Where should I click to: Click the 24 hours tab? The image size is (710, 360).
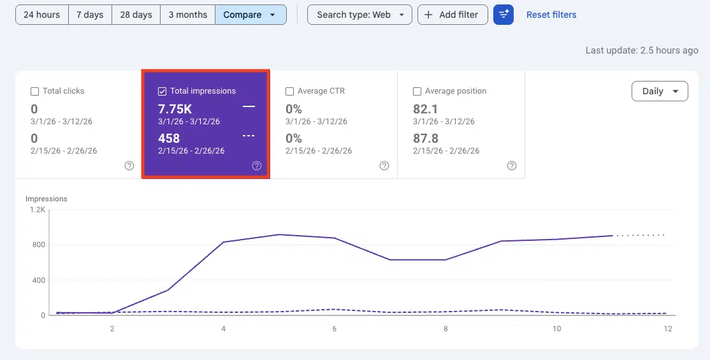tap(42, 15)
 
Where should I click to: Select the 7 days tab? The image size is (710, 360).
tap(90, 15)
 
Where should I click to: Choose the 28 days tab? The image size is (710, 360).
tap(136, 15)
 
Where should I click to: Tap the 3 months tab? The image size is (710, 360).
tap(187, 15)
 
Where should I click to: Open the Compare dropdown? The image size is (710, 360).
tap(250, 15)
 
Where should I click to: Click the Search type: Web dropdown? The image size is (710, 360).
tap(359, 15)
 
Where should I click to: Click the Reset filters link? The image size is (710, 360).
tap(551, 15)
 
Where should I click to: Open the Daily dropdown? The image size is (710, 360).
tap(660, 91)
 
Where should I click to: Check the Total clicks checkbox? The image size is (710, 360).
tap(35, 91)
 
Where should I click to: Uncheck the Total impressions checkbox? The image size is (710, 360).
tap(163, 91)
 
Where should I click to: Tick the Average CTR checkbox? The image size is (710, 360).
tap(290, 91)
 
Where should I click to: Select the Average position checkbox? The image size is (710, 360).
tap(417, 91)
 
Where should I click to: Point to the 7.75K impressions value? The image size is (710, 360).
tap(175, 108)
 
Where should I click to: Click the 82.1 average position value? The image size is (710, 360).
tap(426, 108)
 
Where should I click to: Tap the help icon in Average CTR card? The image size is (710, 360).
tap(384, 166)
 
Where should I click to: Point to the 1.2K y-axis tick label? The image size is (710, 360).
tap(36, 210)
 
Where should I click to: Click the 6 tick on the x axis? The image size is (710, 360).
tap(335, 329)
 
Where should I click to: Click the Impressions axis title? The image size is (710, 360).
tap(46, 199)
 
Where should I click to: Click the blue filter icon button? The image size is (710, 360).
tap(504, 15)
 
